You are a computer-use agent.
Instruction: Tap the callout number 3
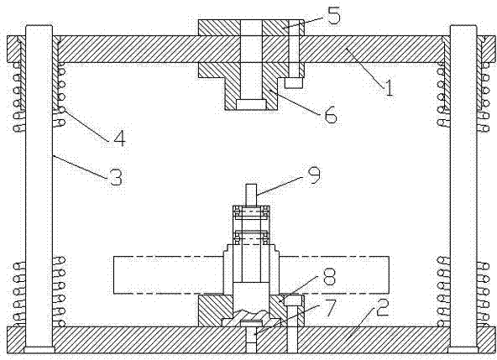[116, 177]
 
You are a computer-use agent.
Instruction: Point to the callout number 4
[119, 138]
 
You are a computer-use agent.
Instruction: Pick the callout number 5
[334, 16]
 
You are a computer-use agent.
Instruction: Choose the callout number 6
[331, 114]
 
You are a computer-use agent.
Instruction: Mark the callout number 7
[329, 308]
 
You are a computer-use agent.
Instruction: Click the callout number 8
[329, 276]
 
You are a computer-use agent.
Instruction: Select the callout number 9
[314, 175]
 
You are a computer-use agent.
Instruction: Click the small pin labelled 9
[252, 195]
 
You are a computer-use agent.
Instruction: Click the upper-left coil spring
[39, 97]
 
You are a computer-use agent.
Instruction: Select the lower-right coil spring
[463, 291]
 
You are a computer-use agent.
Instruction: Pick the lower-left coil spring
[39, 291]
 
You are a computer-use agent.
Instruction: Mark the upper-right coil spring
[463, 97]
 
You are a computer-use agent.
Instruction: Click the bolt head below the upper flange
[294, 83]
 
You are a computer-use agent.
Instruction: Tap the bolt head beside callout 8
[293, 300]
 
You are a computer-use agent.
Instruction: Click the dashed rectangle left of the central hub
[168, 274]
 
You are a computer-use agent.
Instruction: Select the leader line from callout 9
[279, 185]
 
